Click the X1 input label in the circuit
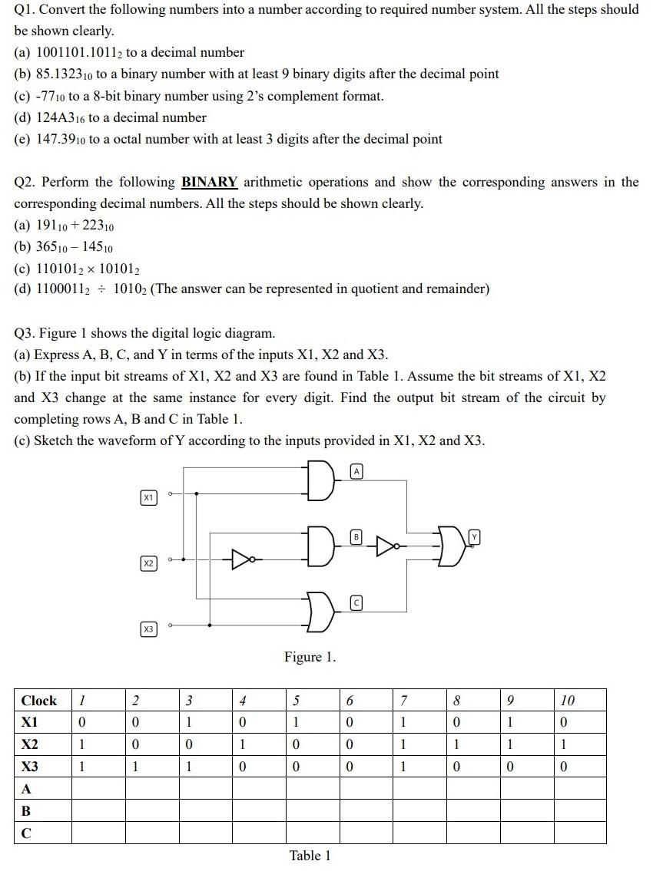coord(148,498)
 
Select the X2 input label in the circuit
coord(148,564)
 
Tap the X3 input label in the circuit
coord(148,629)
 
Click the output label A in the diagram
coord(356,470)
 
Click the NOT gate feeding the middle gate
coord(243,559)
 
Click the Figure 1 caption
coord(310,657)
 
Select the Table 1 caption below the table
coord(310,856)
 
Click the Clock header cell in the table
coord(39,700)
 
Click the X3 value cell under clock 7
coord(403,767)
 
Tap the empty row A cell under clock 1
coord(98,788)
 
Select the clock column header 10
coord(568,700)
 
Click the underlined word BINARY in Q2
coord(209,182)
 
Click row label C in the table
coord(26,833)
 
